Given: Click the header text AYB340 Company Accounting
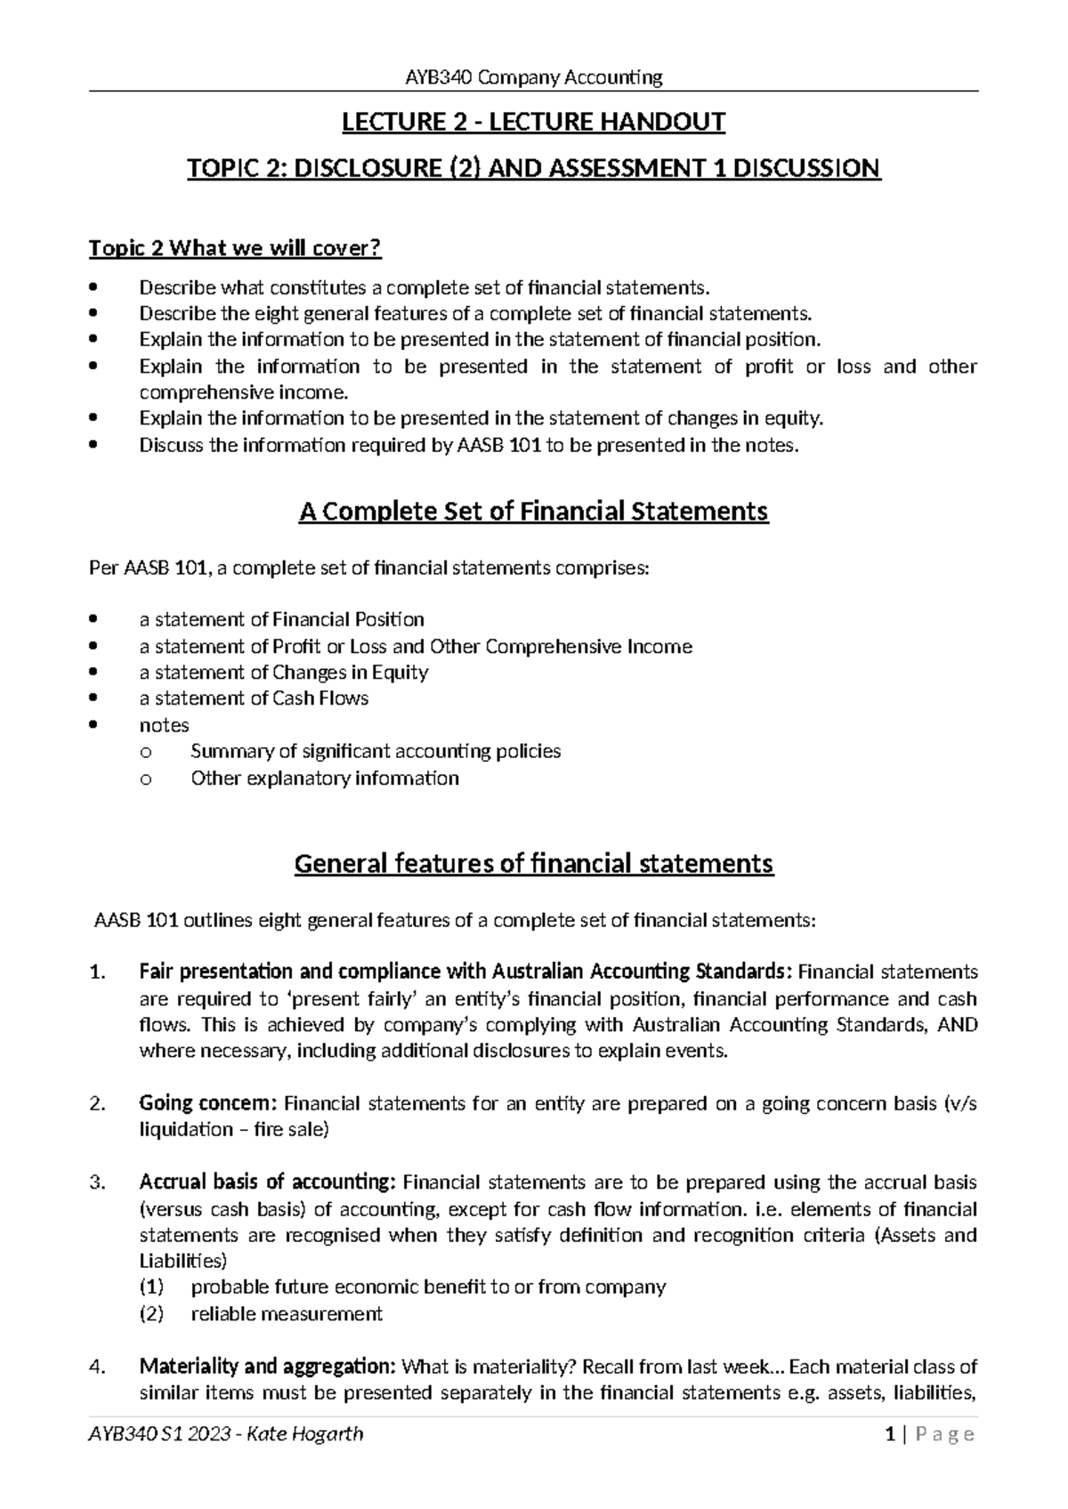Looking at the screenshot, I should click(x=534, y=77).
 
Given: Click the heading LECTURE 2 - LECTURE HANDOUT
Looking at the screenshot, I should click(x=534, y=121).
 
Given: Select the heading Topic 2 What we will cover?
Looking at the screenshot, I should click(x=235, y=248).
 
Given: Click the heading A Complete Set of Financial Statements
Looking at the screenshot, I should click(x=533, y=512).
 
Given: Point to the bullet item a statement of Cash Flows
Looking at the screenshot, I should click(x=254, y=698).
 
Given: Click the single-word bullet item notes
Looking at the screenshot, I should click(x=165, y=725).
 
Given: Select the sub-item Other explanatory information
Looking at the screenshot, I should click(x=325, y=779).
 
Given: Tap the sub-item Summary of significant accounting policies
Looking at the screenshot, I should click(x=376, y=751).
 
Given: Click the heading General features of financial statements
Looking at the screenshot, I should click(x=533, y=864).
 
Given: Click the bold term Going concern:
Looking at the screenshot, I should click(x=208, y=1103).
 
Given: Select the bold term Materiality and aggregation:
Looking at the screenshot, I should click(x=268, y=1367).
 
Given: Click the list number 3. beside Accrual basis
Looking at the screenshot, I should click(x=98, y=1182).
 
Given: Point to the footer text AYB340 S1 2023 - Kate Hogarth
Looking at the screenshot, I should click(x=225, y=1459).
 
